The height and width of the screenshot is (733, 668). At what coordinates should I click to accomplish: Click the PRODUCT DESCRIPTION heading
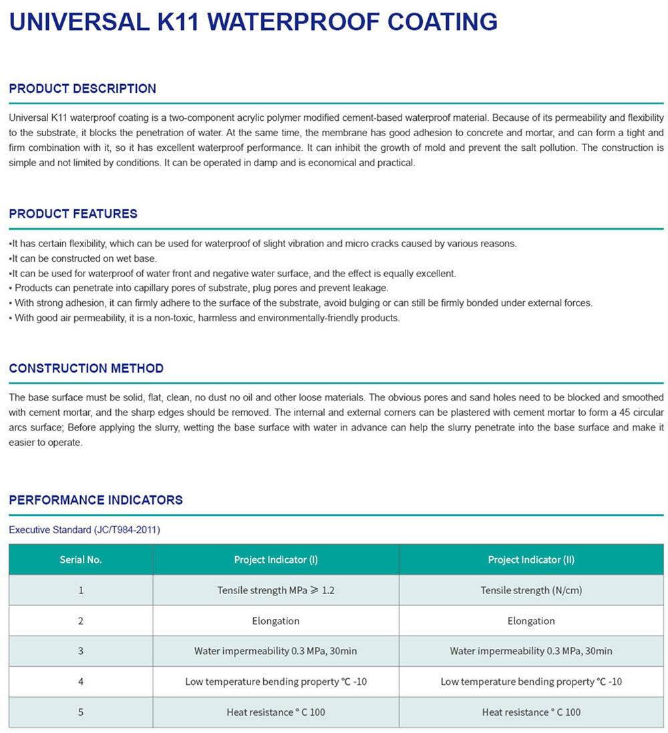(83, 89)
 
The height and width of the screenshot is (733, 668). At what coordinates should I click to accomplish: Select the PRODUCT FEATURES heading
(73, 214)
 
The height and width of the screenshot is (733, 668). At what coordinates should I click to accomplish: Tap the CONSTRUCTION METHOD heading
(86, 369)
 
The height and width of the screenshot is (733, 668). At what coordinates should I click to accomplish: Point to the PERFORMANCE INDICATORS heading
(96, 500)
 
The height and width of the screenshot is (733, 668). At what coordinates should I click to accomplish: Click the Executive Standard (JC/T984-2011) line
(84, 530)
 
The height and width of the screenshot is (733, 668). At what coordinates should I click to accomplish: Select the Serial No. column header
(81, 559)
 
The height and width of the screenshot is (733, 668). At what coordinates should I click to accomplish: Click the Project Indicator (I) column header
(276, 559)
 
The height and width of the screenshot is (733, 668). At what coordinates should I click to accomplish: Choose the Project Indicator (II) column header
(531, 559)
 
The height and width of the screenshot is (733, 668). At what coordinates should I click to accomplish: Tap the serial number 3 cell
(81, 651)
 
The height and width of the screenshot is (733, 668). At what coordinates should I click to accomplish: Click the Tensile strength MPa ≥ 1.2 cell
(276, 590)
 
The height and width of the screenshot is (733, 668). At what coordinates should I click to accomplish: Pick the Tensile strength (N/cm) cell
(531, 590)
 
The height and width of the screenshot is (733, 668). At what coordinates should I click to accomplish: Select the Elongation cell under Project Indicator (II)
(531, 621)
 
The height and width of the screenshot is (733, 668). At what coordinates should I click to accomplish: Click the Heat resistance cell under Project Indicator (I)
(276, 712)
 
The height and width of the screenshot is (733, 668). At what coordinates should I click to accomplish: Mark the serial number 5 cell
(81, 712)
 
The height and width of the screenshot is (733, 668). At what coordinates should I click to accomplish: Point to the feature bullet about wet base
(83, 258)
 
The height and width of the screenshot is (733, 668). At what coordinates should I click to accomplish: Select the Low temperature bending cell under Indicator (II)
(531, 682)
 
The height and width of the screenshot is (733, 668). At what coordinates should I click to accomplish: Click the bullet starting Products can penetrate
(200, 288)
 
